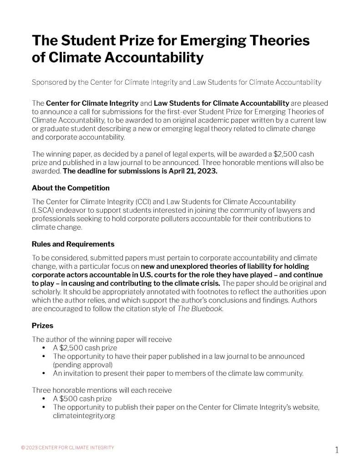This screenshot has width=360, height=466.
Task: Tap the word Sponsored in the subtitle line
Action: click(x=49, y=82)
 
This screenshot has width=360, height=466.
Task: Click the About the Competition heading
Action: click(x=71, y=188)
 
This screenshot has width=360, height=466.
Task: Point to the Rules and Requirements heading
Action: click(x=73, y=244)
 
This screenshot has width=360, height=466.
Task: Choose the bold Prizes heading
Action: click(x=42, y=326)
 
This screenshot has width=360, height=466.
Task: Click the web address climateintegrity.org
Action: click(x=83, y=415)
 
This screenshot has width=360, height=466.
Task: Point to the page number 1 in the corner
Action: click(x=337, y=451)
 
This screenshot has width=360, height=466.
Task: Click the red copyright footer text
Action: click(x=68, y=447)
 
